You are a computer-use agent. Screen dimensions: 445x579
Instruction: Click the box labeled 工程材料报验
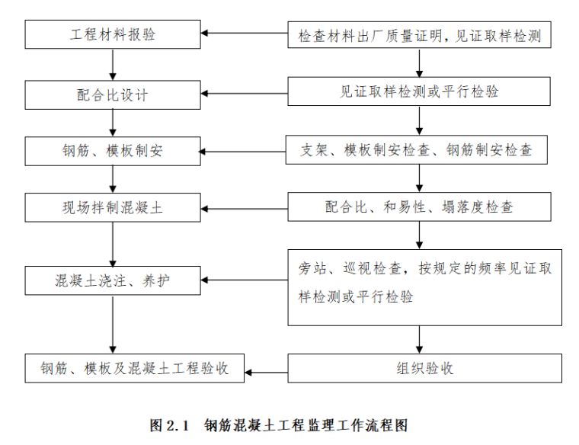113,35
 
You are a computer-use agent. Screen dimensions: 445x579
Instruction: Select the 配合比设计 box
113,94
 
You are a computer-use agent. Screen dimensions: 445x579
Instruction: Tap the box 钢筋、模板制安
113,151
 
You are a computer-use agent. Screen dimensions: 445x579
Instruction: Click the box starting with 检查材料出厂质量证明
419,35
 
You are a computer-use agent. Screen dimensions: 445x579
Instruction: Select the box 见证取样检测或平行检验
419,92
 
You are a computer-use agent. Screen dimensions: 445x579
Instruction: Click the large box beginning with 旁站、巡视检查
424,287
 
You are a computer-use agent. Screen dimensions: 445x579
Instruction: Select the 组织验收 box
419,369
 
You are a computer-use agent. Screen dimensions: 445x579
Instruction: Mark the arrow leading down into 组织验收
419,340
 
